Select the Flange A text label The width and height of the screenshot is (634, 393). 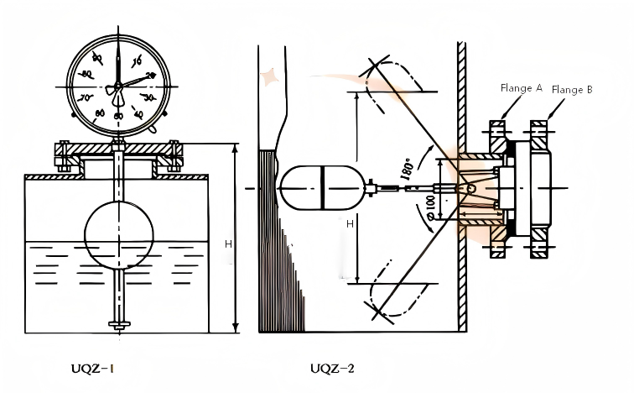521,87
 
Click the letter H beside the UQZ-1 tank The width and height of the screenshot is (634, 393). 228,244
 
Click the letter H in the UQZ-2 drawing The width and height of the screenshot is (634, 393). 348,225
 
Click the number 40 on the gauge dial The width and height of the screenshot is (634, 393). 138,113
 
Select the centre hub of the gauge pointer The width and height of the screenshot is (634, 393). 118,85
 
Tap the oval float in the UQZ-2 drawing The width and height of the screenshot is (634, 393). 322,189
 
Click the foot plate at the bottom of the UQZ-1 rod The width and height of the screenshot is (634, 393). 119,324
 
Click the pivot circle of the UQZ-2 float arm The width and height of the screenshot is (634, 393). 470,189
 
